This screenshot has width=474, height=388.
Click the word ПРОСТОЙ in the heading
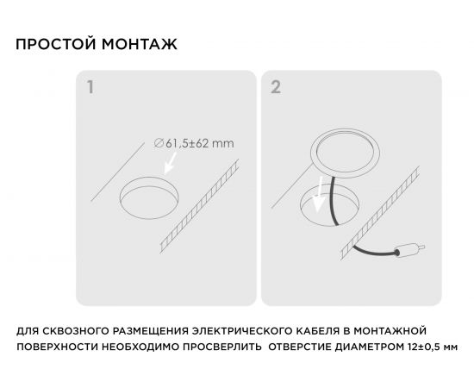[x=56, y=44]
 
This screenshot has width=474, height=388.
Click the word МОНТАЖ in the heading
[x=140, y=44]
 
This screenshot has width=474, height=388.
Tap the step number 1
[x=90, y=87]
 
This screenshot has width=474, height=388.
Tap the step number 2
[x=276, y=87]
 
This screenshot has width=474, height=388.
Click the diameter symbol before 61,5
[x=159, y=143]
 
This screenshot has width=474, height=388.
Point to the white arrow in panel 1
[x=170, y=163]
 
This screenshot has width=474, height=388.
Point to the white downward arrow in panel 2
[x=319, y=195]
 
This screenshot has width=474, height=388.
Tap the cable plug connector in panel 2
[x=410, y=250]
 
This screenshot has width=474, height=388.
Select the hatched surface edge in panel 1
[x=200, y=205]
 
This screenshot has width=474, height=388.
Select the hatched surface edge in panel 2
[x=380, y=213]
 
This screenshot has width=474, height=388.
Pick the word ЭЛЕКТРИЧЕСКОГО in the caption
[x=240, y=330]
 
